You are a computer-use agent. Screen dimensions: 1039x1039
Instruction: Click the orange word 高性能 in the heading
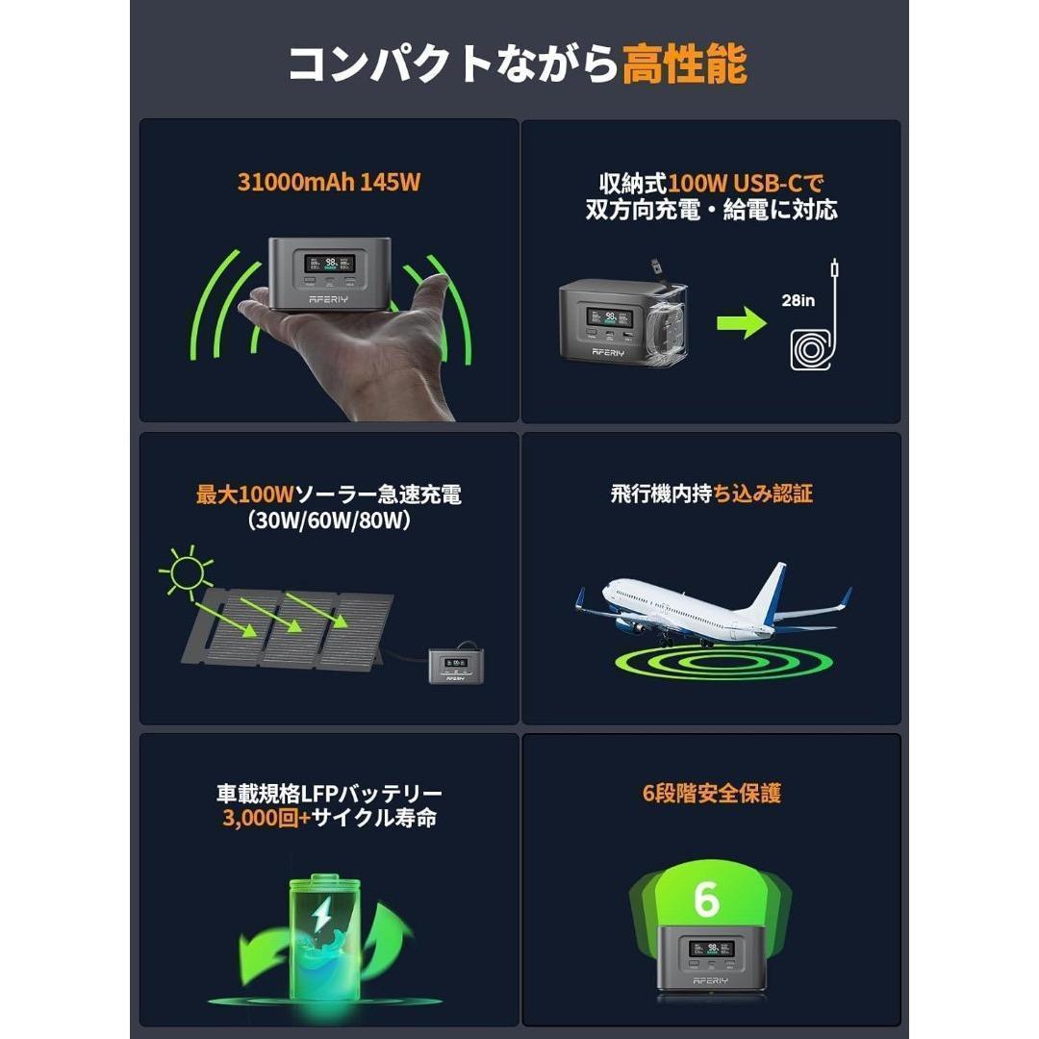(x=684, y=65)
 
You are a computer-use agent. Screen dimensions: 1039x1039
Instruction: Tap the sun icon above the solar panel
(x=186, y=571)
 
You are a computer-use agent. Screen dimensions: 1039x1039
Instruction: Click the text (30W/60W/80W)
(x=329, y=521)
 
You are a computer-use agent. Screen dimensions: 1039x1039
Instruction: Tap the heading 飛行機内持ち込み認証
(x=711, y=494)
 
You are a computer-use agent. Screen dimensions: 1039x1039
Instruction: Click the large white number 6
(x=705, y=900)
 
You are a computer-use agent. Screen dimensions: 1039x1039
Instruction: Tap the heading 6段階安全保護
(x=711, y=794)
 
